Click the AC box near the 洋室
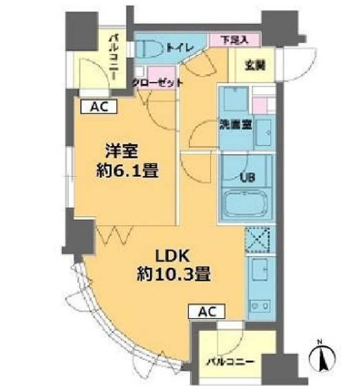click(98, 107)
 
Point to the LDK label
click(171, 254)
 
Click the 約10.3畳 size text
click(172, 275)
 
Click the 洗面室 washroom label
click(235, 123)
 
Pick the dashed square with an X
click(260, 240)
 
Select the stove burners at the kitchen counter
click(260, 305)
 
